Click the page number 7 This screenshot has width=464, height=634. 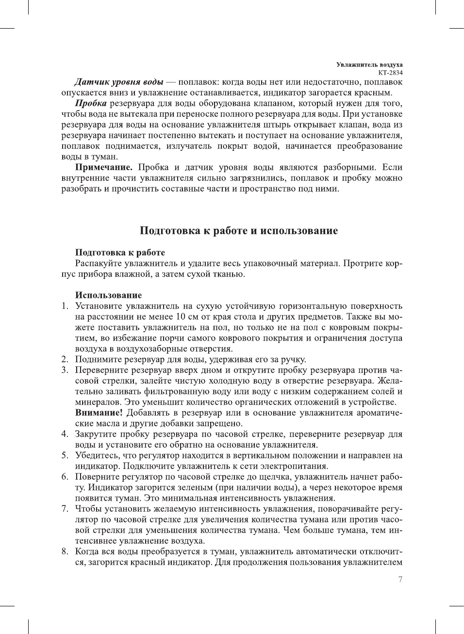click(400, 579)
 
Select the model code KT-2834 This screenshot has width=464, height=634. click(390, 72)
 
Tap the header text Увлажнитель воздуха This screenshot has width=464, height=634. click(369, 65)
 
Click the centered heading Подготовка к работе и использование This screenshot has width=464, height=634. click(238, 230)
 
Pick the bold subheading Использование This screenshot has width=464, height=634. click(108, 295)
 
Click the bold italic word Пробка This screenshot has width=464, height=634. click(91, 103)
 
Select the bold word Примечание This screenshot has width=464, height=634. click(103, 167)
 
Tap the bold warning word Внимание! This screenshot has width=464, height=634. click(99, 413)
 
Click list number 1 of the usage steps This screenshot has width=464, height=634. click(64, 306)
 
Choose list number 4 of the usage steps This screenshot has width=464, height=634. click(64, 434)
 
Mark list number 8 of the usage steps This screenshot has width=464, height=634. click(64, 552)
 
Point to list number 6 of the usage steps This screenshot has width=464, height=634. click(64, 477)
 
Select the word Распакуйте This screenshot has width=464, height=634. click(98, 263)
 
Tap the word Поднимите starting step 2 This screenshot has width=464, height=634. click(99, 359)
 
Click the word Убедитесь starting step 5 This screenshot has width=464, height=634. click(97, 455)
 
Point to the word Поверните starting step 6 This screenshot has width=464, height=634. click(98, 477)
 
